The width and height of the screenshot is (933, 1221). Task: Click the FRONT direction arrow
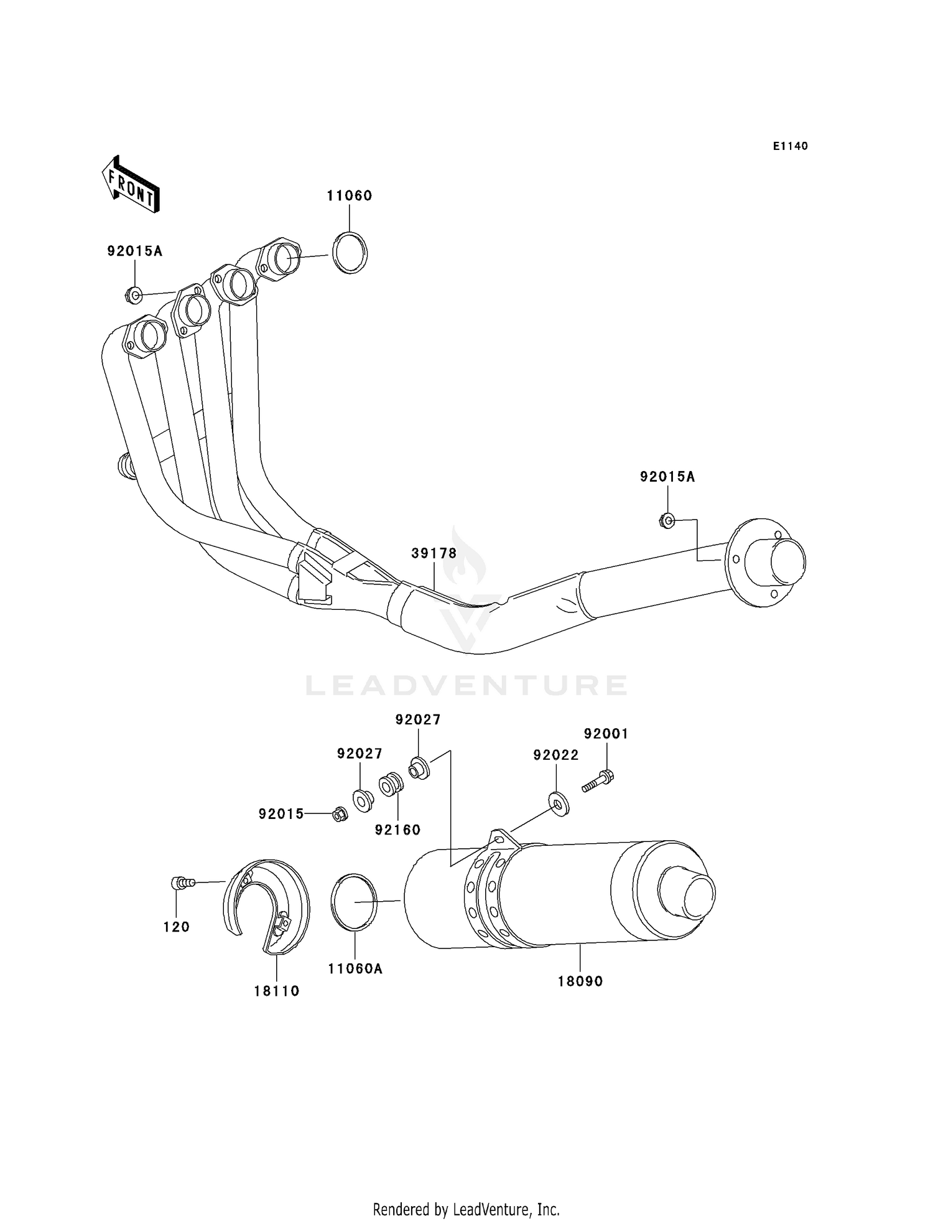pos(131,184)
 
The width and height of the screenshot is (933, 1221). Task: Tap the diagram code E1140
pos(790,146)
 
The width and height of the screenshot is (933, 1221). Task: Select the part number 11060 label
pos(350,196)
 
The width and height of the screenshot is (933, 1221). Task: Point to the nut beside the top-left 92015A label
pos(134,294)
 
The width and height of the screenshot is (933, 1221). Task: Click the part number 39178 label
pos(434,553)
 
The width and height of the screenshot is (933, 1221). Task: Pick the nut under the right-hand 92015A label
pos(667,520)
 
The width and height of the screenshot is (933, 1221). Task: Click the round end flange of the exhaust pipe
pos(765,561)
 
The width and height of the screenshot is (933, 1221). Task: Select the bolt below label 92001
pos(598,781)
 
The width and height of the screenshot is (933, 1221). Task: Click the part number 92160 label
pos(398,830)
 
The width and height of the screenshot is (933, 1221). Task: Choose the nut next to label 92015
pos(340,814)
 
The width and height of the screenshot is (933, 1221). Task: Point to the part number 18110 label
pos(276,991)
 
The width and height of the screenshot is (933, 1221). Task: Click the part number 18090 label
pos(580,981)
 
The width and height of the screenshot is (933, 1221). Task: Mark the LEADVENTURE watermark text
pos(466,685)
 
